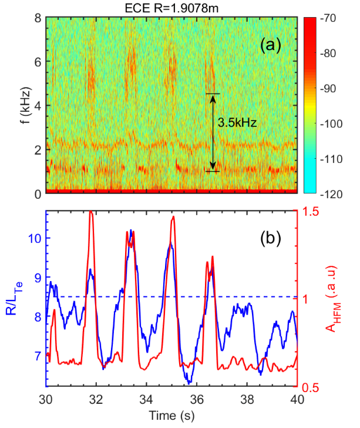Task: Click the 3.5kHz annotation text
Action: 235,124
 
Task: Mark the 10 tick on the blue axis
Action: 34,238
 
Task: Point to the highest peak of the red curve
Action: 90,211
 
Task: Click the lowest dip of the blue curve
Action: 189,383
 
